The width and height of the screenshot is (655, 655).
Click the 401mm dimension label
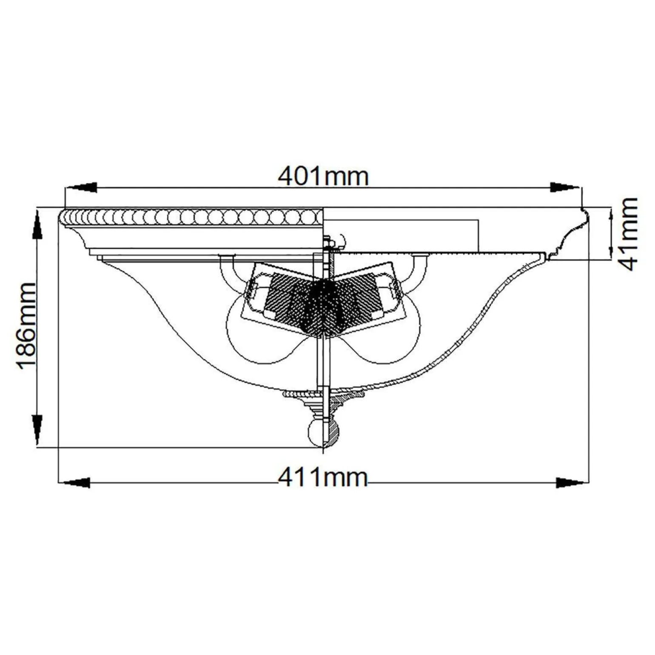pos(323,176)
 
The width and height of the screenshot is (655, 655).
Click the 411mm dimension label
pos(323,478)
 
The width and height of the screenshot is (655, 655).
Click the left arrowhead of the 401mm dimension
pos(81,188)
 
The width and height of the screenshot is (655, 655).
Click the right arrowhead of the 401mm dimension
pos(565,188)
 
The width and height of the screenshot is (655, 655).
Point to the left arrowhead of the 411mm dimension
pos(74,482)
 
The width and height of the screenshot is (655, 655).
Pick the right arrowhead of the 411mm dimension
pos(572,482)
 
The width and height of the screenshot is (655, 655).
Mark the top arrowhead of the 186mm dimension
pos(37,225)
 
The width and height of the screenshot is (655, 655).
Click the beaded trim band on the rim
pos(191,218)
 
